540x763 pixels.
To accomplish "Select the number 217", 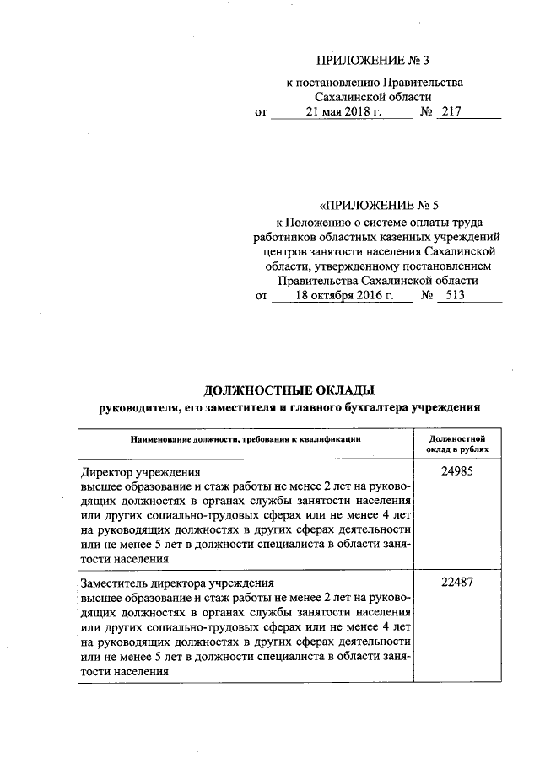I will point(453,112).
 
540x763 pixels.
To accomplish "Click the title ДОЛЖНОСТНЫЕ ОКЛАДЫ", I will point(289,390).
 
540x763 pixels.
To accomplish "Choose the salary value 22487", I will point(456,582).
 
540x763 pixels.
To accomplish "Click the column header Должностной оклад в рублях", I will point(456,443).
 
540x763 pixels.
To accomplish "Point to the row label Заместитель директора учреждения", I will point(176,582).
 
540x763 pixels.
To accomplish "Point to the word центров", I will point(286,251).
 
